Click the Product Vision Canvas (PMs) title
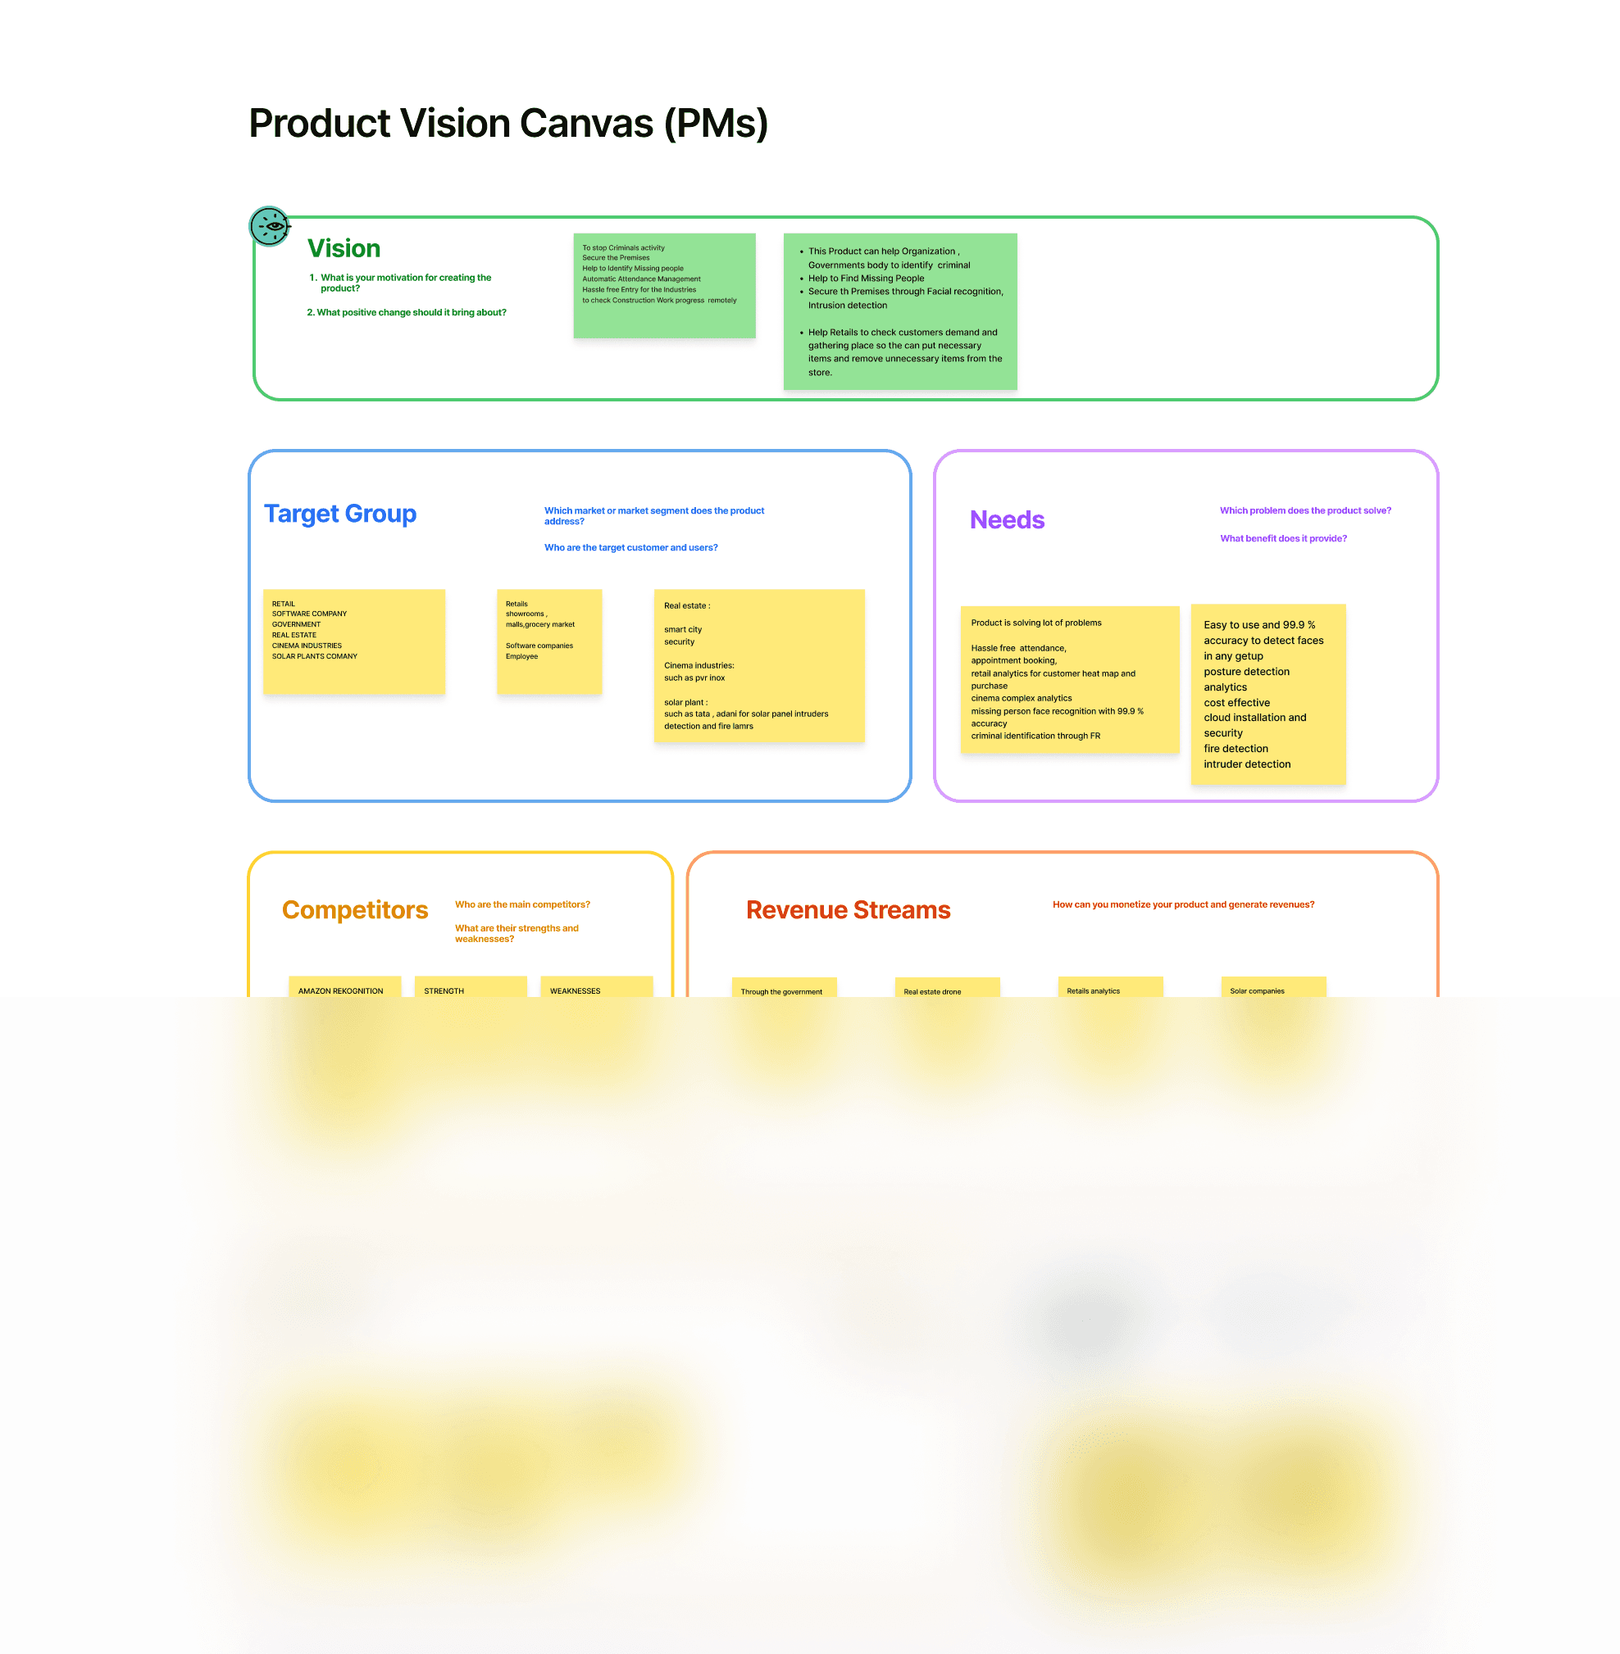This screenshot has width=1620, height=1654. (508, 124)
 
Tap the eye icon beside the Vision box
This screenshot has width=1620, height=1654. (271, 226)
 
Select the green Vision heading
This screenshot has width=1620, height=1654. (344, 248)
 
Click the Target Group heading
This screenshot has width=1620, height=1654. (340, 514)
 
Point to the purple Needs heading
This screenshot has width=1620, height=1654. (1007, 519)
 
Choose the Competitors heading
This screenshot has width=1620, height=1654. (355, 910)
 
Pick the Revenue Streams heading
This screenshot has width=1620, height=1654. (848, 910)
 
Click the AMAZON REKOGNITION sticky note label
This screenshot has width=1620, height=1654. (340, 990)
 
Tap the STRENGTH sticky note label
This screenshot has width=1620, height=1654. (444, 990)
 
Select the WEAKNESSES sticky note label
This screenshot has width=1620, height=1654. (576, 990)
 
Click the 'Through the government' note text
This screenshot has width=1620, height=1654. (781, 991)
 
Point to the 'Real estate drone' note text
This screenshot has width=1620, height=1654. (931, 991)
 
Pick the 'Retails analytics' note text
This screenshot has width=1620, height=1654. (1094, 990)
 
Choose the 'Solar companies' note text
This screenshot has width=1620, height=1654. (1257, 990)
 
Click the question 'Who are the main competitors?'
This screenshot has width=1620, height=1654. (522, 904)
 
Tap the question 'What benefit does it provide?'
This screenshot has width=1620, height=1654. (1283, 538)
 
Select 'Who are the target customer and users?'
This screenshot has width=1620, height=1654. (630, 548)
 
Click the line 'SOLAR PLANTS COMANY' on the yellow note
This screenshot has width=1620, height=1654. (315, 656)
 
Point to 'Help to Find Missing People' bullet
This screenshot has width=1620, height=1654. (865, 278)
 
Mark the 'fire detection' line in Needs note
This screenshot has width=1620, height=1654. (1235, 748)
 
